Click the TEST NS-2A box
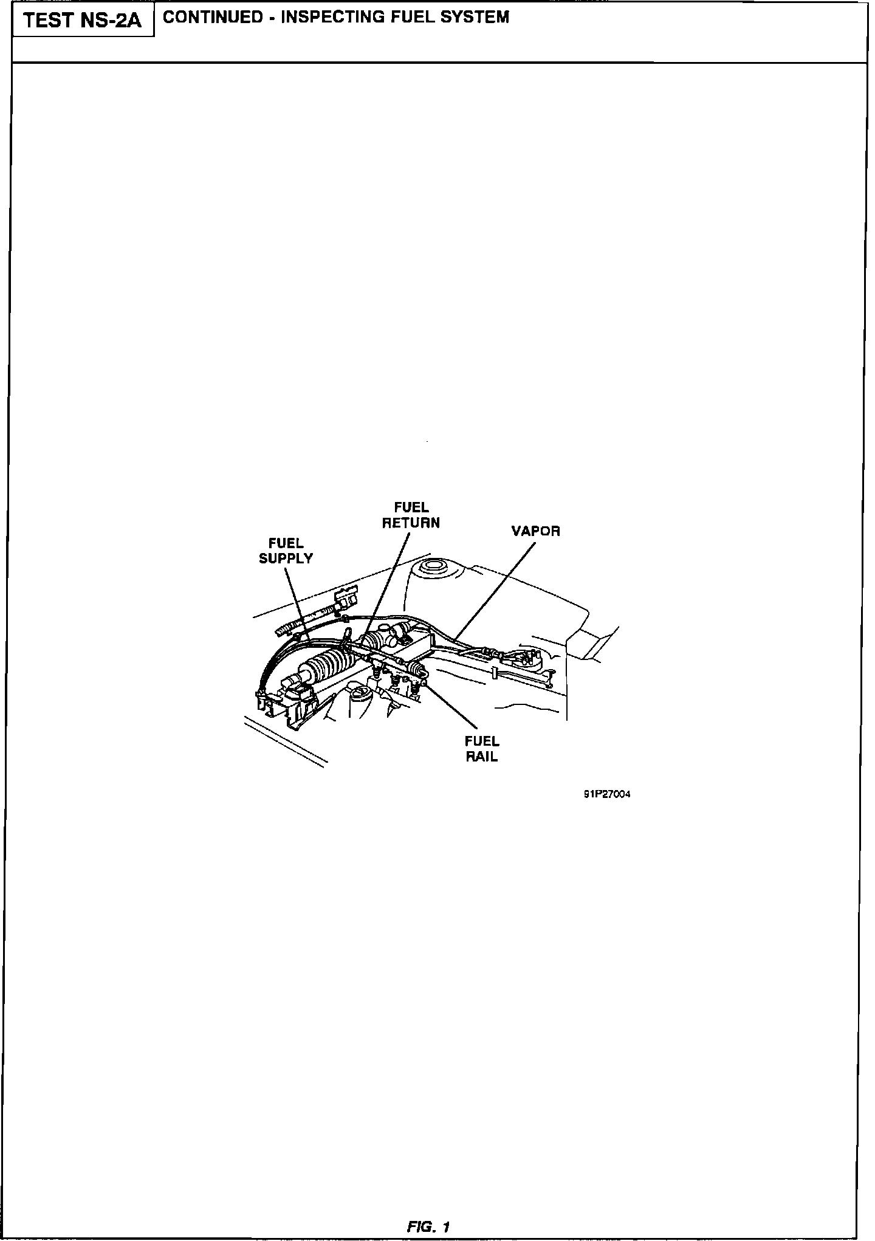[x=83, y=21]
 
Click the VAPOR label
[x=535, y=531]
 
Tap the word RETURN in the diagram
[x=411, y=523]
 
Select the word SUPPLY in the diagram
[x=286, y=559]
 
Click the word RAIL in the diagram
[x=482, y=757]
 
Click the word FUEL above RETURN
[x=411, y=507]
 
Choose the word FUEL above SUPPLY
[x=286, y=543]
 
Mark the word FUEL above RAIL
[x=482, y=741]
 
